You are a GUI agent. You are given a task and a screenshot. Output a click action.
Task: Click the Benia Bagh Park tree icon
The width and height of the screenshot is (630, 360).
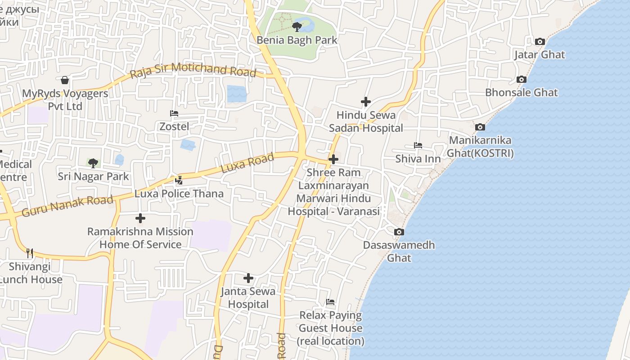(x=297, y=27)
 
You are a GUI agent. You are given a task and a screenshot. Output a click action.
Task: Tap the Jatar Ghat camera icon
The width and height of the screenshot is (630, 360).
(x=540, y=42)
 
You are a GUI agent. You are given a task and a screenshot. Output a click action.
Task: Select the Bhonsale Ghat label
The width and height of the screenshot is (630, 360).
(x=521, y=93)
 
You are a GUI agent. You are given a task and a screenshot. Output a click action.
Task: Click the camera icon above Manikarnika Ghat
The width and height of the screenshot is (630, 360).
(x=480, y=127)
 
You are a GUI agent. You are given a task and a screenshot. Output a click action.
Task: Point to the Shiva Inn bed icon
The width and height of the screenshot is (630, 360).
(x=418, y=145)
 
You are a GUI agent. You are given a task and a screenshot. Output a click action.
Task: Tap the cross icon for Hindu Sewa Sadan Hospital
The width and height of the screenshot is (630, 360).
(x=366, y=102)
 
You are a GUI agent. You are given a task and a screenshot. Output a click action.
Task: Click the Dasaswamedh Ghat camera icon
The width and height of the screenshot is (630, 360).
(x=399, y=232)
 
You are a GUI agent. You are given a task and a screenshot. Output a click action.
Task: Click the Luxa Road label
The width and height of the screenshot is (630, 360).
(x=247, y=163)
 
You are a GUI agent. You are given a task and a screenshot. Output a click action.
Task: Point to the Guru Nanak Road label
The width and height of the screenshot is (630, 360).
(x=67, y=205)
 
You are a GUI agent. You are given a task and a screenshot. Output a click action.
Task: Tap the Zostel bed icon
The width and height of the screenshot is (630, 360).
(x=174, y=113)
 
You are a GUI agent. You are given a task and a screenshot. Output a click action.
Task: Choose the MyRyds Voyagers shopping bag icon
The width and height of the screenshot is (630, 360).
(x=65, y=81)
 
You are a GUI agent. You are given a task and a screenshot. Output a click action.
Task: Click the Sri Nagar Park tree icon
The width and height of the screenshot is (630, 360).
(x=93, y=163)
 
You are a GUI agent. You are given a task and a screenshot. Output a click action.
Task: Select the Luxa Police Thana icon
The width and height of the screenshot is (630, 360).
(x=179, y=180)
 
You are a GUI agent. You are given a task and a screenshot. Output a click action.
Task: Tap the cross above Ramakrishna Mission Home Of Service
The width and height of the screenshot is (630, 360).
(x=140, y=218)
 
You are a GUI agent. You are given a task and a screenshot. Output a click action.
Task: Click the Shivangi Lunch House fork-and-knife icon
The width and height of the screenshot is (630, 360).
(x=30, y=253)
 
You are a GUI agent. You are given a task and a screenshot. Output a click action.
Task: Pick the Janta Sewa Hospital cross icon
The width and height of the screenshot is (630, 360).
(x=248, y=278)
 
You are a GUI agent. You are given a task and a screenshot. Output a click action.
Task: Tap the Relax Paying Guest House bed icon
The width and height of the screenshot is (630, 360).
(x=330, y=302)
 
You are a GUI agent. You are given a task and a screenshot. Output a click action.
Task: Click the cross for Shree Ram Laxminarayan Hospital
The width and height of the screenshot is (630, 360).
(x=333, y=159)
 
